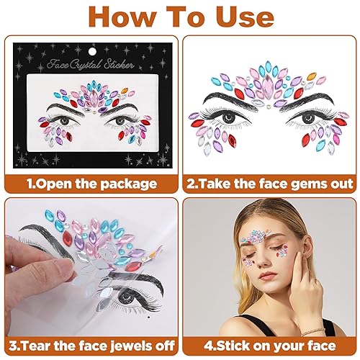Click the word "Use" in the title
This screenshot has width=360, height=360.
click(235, 18)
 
